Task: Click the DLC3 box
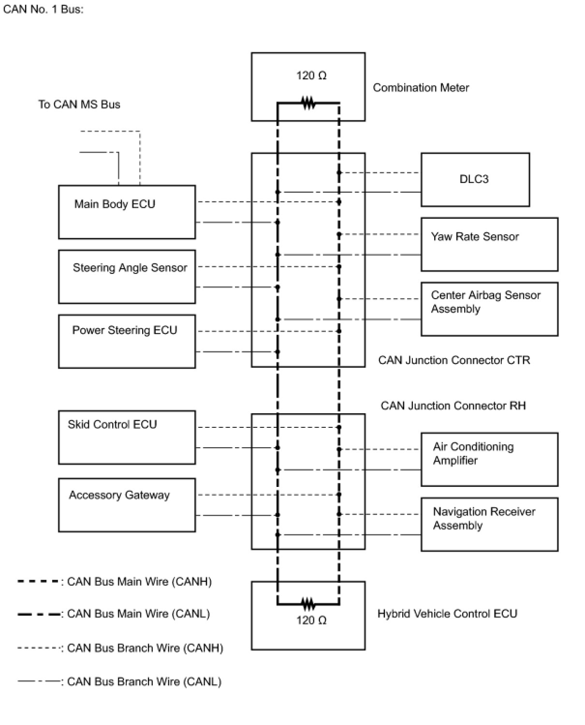coord(475,180)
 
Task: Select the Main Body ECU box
coord(127,211)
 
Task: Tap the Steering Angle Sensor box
coord(127,276)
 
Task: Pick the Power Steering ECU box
coord(127,341)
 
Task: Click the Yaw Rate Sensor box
coord(489,244)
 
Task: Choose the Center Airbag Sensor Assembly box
coord(489,309)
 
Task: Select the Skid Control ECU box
coord(127,437)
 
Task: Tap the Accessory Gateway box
coord(127,505)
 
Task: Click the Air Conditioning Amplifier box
coord(489,459)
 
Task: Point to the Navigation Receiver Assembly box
coord(489,524)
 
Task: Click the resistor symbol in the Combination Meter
coord(308,103)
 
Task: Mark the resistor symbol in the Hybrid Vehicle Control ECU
coord(308,604)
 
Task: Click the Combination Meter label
coord(421,88)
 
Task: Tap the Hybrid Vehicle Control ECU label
coord(447,614)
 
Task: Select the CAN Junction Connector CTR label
coord(454,360)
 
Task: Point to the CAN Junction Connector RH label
coord(453,406)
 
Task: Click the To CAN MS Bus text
coord(79,104)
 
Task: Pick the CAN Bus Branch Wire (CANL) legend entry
coord(119,681)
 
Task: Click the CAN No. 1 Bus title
coord(43,9)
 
